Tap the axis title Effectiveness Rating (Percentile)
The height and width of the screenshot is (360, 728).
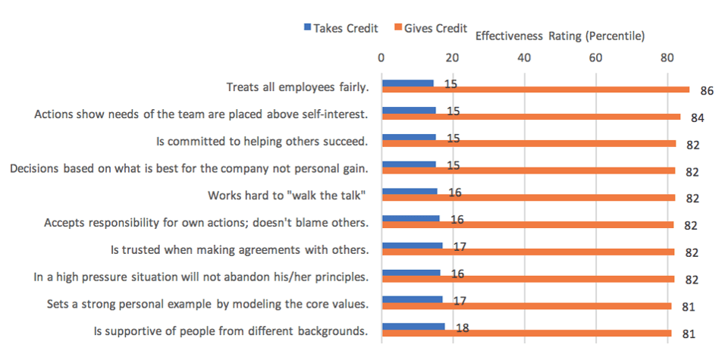(559, 36)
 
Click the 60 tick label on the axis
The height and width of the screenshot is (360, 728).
(595, 57)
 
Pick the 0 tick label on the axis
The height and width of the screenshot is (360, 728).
(381, 57)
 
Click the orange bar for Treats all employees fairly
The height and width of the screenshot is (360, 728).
(535, 89)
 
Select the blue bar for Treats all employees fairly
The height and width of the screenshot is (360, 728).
(408, 83)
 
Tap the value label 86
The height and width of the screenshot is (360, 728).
(708, 91)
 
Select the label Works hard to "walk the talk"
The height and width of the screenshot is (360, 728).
(287, 196)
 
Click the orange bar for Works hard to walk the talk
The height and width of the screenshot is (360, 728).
(528, 198)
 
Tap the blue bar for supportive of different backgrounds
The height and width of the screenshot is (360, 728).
(413, 327)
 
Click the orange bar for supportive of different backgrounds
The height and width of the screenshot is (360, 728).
(526, 333)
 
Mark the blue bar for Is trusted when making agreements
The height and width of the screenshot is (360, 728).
(412, 246)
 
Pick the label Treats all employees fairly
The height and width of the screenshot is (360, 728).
(297, 87)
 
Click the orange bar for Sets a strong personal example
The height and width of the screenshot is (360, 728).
(526, 305)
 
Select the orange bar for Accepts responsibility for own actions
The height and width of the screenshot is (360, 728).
(528, 224)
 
